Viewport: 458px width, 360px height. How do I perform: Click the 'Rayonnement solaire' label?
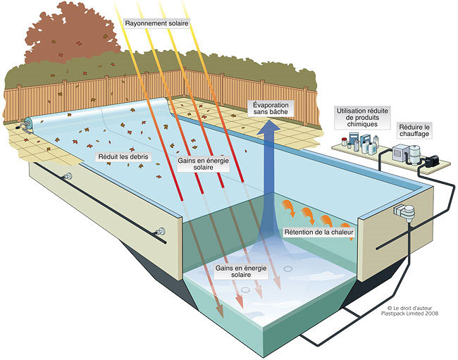point(156,23)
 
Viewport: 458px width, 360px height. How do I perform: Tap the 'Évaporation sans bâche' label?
point(271,108)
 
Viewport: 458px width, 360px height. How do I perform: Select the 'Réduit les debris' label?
point(123,157)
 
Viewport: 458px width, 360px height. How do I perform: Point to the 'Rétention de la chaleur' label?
point(318,232)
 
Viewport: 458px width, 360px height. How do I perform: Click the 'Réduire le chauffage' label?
point(414,130)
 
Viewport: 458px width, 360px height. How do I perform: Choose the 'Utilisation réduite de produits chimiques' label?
point(362,118)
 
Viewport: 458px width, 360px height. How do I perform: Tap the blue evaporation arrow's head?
point(268,128)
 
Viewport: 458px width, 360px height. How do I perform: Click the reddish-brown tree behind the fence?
point(72,34)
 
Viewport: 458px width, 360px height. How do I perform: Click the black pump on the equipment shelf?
point(431,161)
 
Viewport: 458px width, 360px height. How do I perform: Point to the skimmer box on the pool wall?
point(404,211)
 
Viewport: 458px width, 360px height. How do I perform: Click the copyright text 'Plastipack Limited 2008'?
point(409,314)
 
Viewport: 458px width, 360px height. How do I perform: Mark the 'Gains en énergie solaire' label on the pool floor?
point(241,271)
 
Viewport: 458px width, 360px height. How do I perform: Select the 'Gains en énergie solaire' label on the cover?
point(204,163)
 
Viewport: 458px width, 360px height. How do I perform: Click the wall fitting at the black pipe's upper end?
point(68,177)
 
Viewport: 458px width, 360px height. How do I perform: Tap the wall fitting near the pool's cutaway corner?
point(160,232)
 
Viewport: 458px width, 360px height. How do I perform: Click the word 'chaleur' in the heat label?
point(342,232)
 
